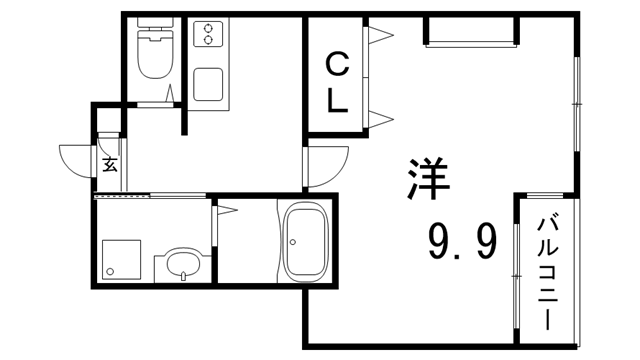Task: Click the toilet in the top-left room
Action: (155, 48)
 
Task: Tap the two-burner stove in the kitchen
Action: (208, 34)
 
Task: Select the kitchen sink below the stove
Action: (208, 84)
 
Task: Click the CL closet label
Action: (338, 84)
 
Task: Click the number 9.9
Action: (463, 241)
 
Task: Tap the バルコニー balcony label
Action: (547, 274)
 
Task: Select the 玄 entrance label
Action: (110, 164)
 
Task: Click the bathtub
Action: (306, 242)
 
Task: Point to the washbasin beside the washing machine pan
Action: (183, 264)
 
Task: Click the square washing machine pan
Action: (121, 260)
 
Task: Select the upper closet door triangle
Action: (381, 35)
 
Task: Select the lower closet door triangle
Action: (381, 119)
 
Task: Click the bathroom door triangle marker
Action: (227, 211)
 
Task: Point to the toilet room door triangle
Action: (170, 93)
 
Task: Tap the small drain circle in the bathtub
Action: (293, 242)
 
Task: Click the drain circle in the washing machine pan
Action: (109, 271)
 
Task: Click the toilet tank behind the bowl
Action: (155, 23)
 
